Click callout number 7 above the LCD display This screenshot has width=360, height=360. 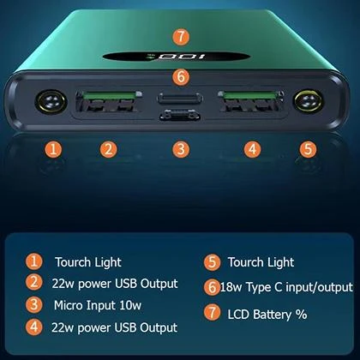180,37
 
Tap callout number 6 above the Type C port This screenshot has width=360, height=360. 179,76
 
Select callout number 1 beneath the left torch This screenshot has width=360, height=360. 55,148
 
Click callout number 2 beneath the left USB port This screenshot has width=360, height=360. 107,148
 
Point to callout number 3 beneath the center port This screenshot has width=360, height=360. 179,148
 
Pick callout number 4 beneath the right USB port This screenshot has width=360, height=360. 251,148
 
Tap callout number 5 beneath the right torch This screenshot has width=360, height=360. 308,148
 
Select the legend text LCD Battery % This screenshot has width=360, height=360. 267,315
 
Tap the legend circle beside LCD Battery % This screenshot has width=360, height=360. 212,314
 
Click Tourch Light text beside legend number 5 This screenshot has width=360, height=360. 261,262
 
